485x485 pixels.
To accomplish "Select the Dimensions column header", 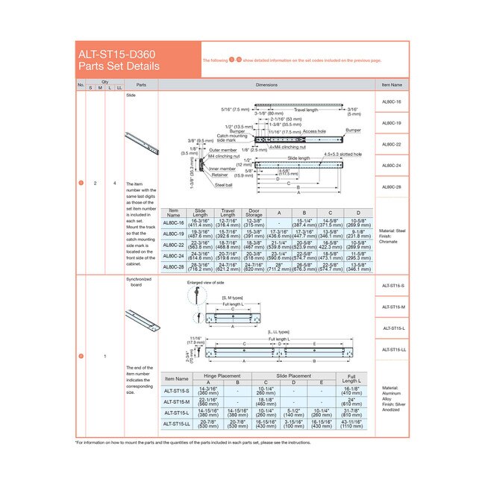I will [x=266, y=85].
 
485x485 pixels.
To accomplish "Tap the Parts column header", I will [x=141, y=85].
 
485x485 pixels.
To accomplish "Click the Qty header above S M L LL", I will [x=104, y=81].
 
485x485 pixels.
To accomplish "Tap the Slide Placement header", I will [x=294, y=376].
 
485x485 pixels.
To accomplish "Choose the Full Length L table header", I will [x=351, y=378].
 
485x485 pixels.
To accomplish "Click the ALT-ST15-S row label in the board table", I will [x=177, y=391].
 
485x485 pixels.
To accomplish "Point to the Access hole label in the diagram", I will [x=313, y=131].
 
